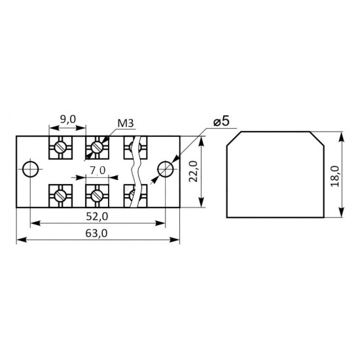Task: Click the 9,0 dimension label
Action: click(x=67, y=119)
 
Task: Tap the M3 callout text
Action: click(x=126, y=124)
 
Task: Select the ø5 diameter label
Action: click(x=221, y=122)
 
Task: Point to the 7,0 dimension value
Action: click(x=98, y=171)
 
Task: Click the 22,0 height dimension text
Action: click(x=193, y=171)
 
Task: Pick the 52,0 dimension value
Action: click(x=97, y=216)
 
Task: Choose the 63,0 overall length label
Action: click(x=96, y=234)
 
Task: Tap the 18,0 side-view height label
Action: click(x=335, y=176)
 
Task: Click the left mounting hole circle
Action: click(x=31, y=170)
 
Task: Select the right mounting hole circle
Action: click(x=166, y=170)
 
